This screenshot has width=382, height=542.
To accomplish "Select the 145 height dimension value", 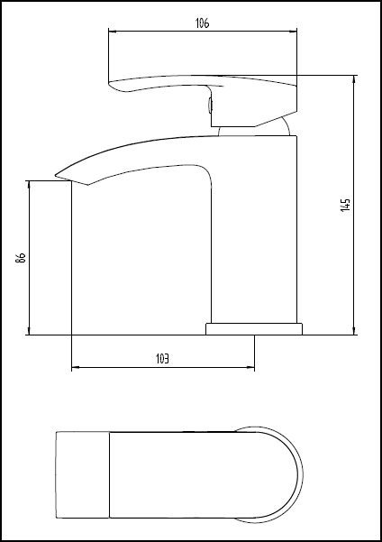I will [x=345, y=205].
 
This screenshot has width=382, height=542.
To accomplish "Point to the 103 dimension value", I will [x=163, y=358].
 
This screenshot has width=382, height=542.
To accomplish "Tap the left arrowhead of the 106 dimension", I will [x=112, y=32].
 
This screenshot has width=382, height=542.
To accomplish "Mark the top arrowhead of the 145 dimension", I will [x=353, y=80].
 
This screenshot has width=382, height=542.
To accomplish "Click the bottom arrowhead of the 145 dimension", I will [x=353, y=331].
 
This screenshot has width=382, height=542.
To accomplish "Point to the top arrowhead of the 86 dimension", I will [x=32, y=184].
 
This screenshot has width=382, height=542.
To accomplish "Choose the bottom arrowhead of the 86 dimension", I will [x=32, y=331].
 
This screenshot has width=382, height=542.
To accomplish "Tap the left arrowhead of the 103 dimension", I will [x=75, y=367].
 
